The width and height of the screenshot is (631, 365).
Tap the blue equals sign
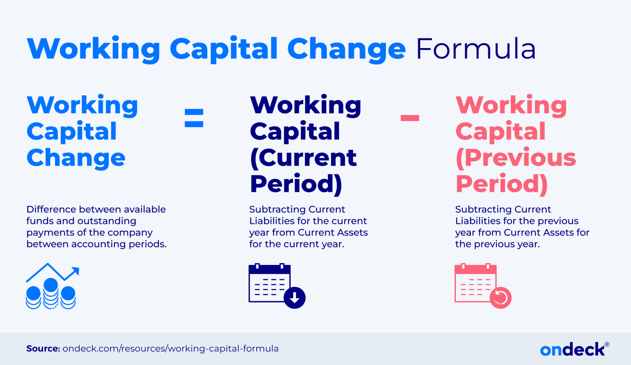click(194, 118)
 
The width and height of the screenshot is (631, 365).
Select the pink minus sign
click(410, 118)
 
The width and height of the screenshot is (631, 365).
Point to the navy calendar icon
click(270, 283)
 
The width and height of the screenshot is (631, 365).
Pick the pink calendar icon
click(476, 283)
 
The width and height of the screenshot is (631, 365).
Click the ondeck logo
click(572, 350)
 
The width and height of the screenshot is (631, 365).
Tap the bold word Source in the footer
click(43, 349)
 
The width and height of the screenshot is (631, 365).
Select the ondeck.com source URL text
click(170, 349)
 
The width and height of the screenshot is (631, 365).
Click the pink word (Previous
click(516, 158)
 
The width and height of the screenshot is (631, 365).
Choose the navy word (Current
click(303, 158)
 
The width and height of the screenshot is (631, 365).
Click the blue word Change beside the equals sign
click(76, 158)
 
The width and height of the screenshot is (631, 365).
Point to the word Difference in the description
click(51, 209)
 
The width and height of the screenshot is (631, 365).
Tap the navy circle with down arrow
click(295, 298)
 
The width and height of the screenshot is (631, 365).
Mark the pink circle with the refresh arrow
click(500, 298)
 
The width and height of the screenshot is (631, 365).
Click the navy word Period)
click(296, 184)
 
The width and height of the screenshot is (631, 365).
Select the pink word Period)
click(502, 184)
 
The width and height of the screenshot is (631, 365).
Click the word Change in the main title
click(346, 49)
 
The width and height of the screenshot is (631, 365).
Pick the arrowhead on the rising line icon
click(75, 271)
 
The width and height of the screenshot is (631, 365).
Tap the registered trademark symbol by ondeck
click(607, 344)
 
